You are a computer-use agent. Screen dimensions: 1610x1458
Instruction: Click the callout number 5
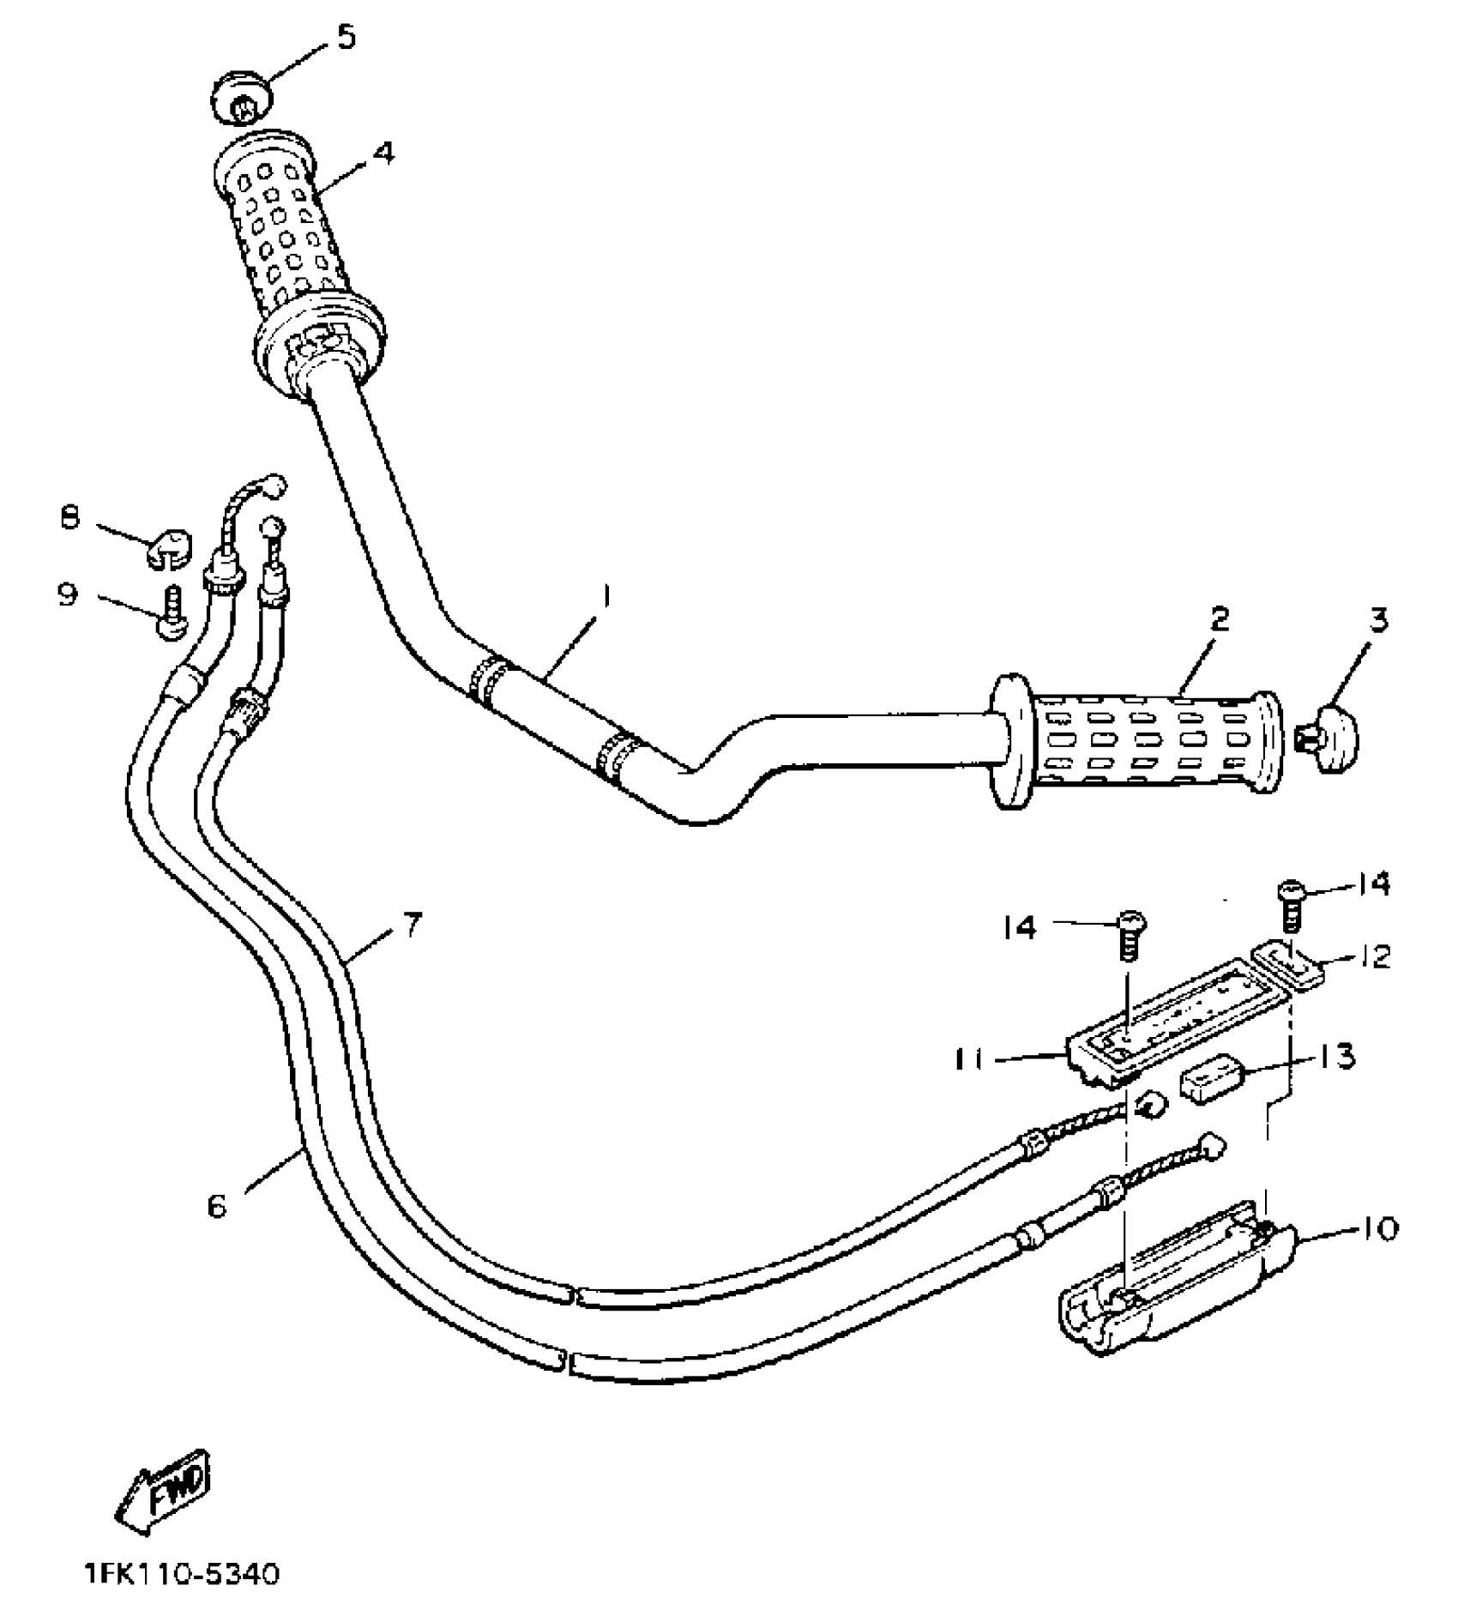[x=346, y=39]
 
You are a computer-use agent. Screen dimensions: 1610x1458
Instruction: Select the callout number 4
[x=383, y=153]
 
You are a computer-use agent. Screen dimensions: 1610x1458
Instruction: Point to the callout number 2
[x=1220, y=618]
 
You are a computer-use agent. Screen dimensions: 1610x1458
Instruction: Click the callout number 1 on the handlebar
[x=606, y=596]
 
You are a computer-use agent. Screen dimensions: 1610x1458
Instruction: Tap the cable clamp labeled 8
[x=166, y=550]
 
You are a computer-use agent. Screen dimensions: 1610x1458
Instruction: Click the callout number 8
[x=69, y=518]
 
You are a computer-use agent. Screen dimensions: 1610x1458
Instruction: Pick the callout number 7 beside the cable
[x=413, y=926]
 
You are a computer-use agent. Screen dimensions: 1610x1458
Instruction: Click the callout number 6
[x=217, y=1206]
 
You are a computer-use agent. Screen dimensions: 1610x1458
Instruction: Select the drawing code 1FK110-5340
[x=182, y=1576]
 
